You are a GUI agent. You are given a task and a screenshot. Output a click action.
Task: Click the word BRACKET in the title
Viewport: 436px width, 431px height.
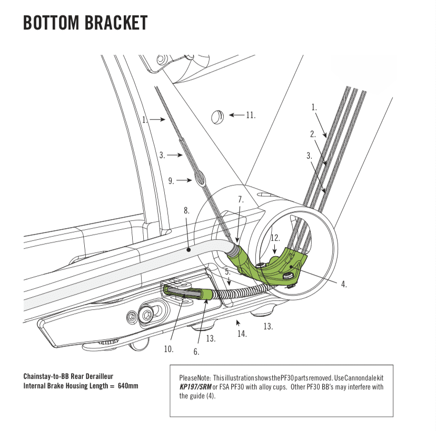point(116,23)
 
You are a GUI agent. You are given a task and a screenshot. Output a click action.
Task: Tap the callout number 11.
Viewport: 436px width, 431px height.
point(251,115)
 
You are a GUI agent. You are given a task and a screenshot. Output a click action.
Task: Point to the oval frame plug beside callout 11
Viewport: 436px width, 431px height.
point(217,117)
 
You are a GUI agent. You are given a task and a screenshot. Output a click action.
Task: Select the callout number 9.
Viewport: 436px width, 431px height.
point(171,181)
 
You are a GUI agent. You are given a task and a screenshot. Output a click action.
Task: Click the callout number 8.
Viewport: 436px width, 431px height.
point(186,211)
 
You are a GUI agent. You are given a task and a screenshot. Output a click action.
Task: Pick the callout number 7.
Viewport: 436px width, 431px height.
point(241,200)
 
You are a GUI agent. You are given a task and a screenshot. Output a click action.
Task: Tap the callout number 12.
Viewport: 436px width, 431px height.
point(275,238)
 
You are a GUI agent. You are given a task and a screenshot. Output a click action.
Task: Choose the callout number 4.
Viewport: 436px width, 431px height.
point(344,284)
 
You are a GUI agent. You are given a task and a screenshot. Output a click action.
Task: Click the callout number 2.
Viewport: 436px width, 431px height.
point(313,134)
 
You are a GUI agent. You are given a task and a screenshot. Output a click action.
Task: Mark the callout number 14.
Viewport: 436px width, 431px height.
point(242,334)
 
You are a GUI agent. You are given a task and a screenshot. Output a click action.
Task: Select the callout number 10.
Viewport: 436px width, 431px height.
point(169,349)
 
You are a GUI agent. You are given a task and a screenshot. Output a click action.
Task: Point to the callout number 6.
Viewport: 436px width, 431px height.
point(196,351)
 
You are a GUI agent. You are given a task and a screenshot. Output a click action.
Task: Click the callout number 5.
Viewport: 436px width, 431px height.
point(227,272)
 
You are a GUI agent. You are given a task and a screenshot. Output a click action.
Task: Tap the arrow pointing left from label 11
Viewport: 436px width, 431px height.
point(236,115)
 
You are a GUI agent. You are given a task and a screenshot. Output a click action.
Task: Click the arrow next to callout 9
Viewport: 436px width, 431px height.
point(184,180)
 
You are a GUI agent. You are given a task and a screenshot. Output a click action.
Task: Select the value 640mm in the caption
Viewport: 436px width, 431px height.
point(128,386)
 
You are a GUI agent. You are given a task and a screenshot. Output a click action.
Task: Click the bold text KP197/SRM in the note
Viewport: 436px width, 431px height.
point(195,387)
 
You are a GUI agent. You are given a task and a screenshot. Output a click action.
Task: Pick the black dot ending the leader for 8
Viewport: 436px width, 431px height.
point(189,250)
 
